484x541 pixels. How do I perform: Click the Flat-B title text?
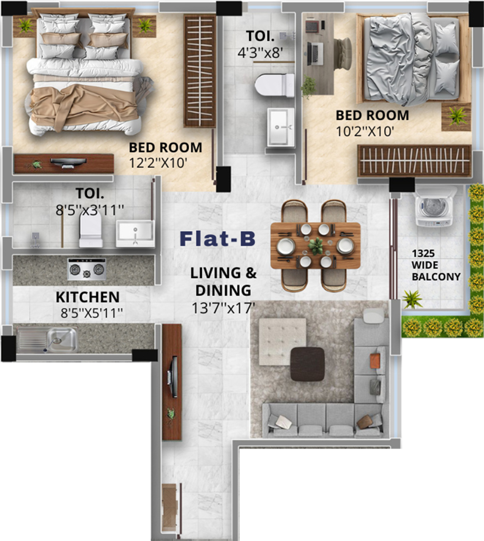(218, 239)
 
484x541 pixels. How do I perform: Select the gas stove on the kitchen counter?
(87, 269)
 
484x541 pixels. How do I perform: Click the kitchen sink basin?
(62, 339)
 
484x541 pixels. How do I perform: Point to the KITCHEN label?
(88, 297)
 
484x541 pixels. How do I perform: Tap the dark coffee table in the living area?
(308, 364)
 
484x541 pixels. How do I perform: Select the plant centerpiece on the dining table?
(316, 246)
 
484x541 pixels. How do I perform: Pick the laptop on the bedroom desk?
(315, 54)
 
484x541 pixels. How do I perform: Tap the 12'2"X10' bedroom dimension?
(157, 163)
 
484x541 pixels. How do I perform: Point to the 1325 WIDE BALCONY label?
(436, 265)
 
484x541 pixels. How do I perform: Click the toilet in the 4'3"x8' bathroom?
(275, 85)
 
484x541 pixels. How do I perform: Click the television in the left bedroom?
(68, 163)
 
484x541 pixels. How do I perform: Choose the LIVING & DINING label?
(223, 282)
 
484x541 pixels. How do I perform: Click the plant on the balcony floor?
(412, 299)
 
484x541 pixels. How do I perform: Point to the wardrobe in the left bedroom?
(200, 71)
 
